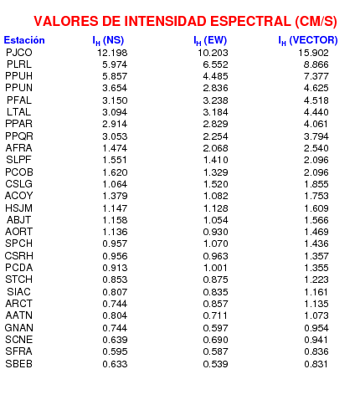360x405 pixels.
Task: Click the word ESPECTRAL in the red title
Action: (x=250, y=22)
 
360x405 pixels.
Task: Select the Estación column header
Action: (x=24, y=40)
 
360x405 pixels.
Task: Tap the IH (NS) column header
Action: (x=108, y=41)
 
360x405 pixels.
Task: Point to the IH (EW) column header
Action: (x=210, y=41)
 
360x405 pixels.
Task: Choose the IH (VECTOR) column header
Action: (x=308, y=41)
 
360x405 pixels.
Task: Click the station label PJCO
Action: (x=19, y=53)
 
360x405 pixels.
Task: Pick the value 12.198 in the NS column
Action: (x=112, y=53)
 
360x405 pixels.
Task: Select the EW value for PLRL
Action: (x=215, y=64)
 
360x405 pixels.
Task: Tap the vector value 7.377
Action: (x=316, y=76)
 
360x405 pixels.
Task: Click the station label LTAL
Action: (x=19, y=112)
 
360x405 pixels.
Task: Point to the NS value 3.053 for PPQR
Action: (x=115, y=136)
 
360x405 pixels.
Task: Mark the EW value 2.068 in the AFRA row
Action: (x=215, y=148)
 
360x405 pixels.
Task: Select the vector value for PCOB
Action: (x=316, y=172)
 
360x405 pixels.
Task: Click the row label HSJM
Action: (x=19, y=208)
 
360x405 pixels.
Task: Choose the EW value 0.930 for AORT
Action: (x=215, y=232)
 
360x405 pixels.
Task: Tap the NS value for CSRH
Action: (x=115, y=256)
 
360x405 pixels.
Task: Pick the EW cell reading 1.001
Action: (x=215, y=268)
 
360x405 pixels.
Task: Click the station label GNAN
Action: (x=19, y=327)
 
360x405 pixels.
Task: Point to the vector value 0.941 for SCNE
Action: (x=316, y=340)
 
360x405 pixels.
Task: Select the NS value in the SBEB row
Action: (x=115, y=364)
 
